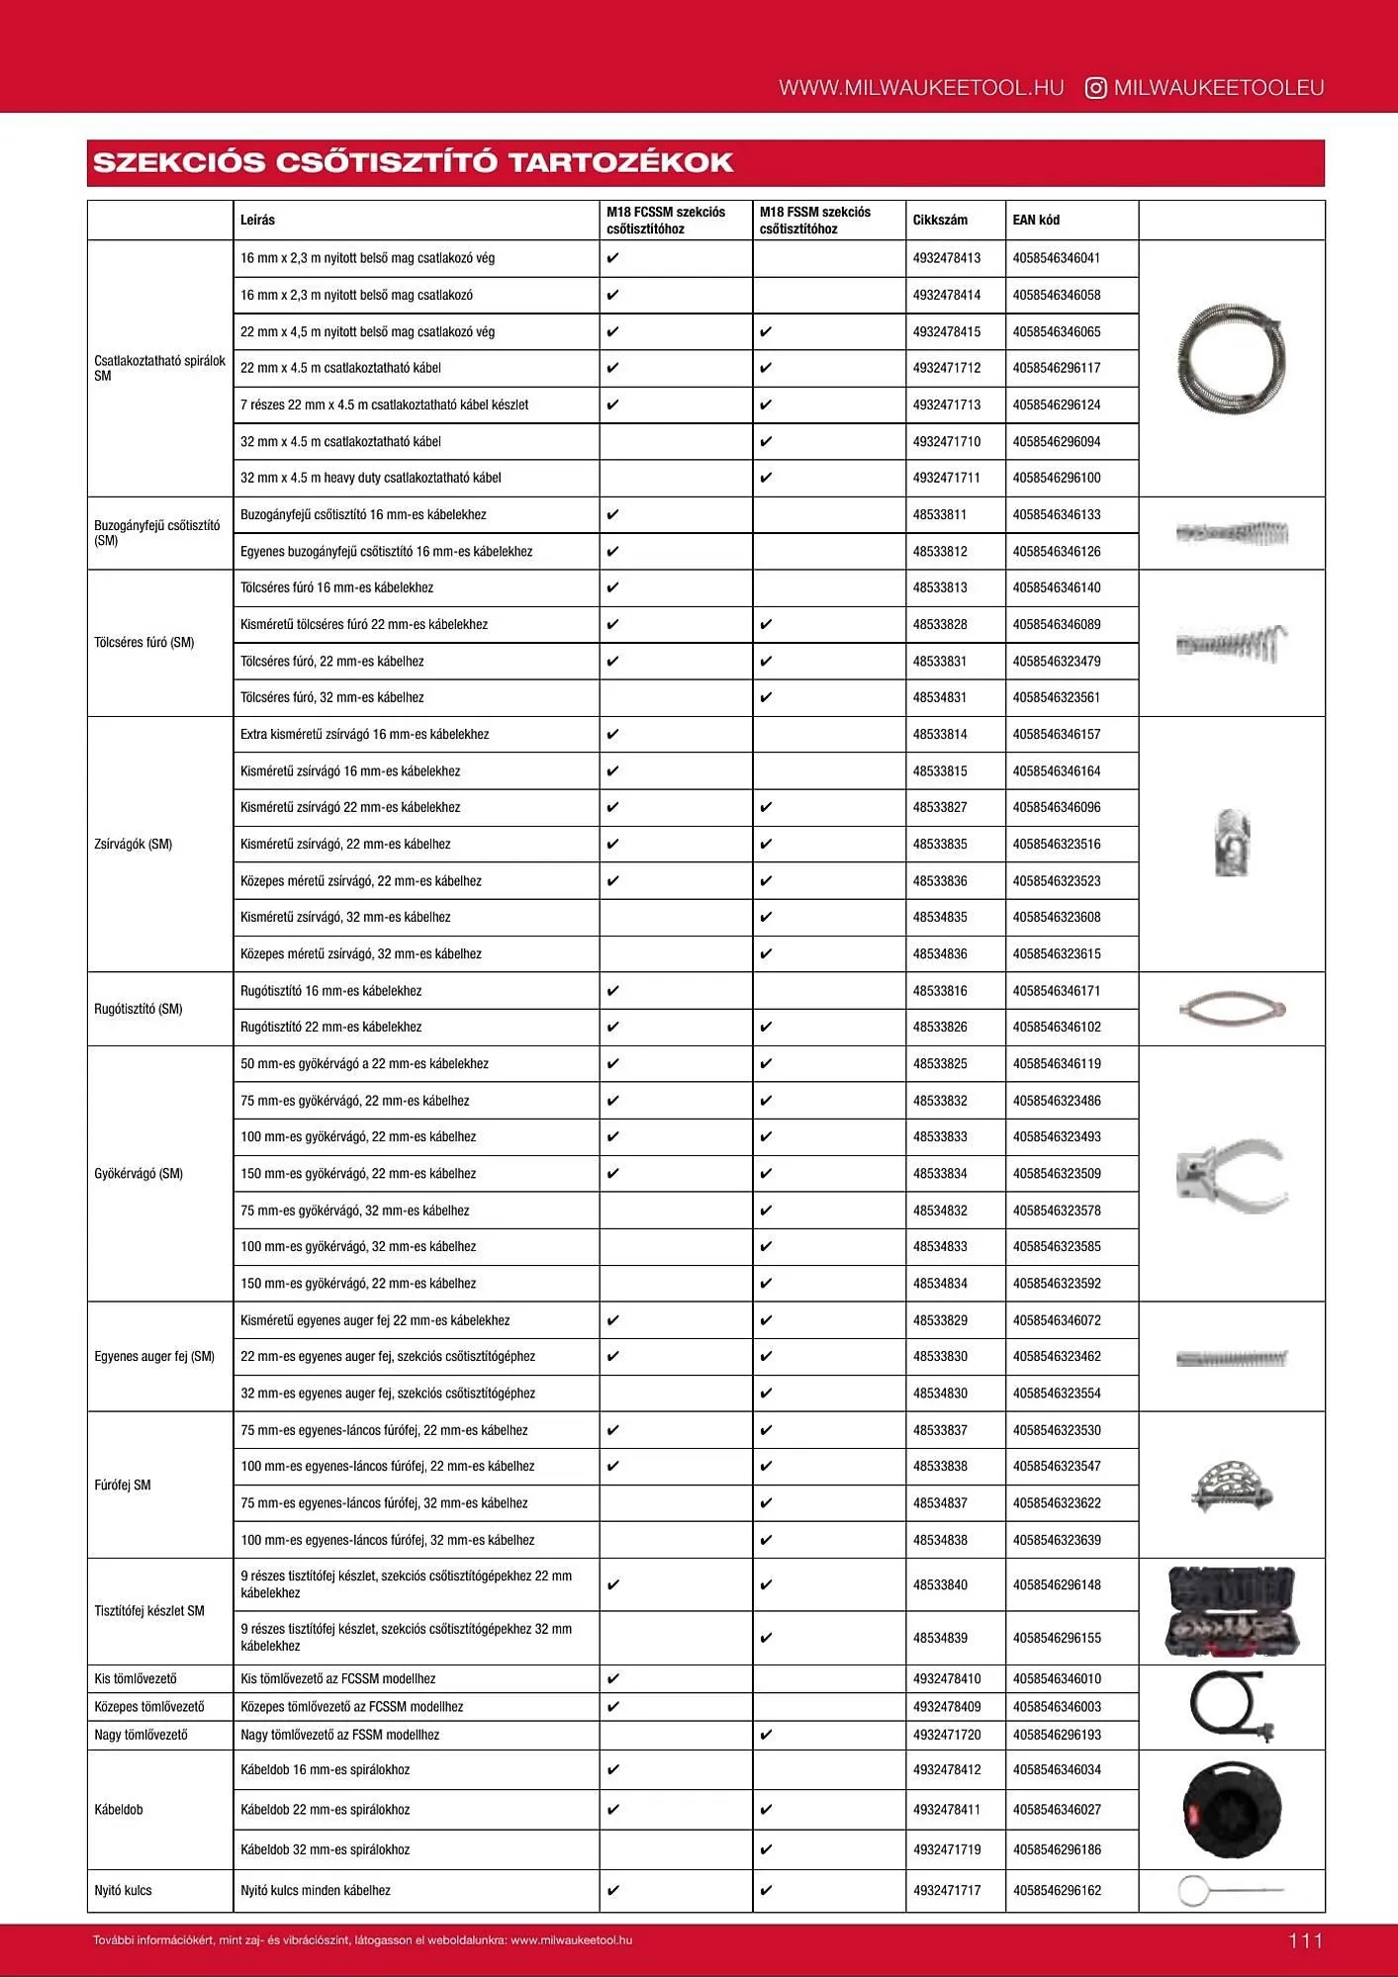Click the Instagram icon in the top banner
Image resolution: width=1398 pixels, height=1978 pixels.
click(1095, 88)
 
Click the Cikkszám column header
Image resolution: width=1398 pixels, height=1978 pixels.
click(939, 220)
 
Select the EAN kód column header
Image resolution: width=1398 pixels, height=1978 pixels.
click(1035, 220)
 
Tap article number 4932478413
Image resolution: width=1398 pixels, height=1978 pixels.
click(946, 258)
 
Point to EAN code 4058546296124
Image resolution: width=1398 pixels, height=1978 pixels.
click(1056, 405)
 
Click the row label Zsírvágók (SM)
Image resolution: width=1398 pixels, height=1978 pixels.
click(133, 844)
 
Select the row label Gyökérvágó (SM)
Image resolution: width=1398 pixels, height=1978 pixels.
click(139, 1173)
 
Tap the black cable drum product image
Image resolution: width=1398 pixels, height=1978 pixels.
click(1231, 1809)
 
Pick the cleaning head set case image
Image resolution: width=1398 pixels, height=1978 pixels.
click(1231, 1611)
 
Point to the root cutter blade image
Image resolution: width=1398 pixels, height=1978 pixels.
click(1231, 1174)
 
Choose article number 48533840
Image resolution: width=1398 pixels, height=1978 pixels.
click(939, 1584)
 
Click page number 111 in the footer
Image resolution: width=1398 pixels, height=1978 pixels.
click(1305, 1940)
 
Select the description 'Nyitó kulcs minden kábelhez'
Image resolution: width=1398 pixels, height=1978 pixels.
click(315, 1890)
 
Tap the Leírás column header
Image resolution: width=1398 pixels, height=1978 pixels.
click(257, 220)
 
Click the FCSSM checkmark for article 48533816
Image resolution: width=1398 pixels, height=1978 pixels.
click(612, 990)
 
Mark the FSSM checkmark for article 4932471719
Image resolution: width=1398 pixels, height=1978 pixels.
click(766, 1848)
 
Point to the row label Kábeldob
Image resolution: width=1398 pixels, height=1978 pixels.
click(119, 1809)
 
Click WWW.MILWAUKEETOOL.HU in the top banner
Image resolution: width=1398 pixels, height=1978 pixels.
click(920, 88)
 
